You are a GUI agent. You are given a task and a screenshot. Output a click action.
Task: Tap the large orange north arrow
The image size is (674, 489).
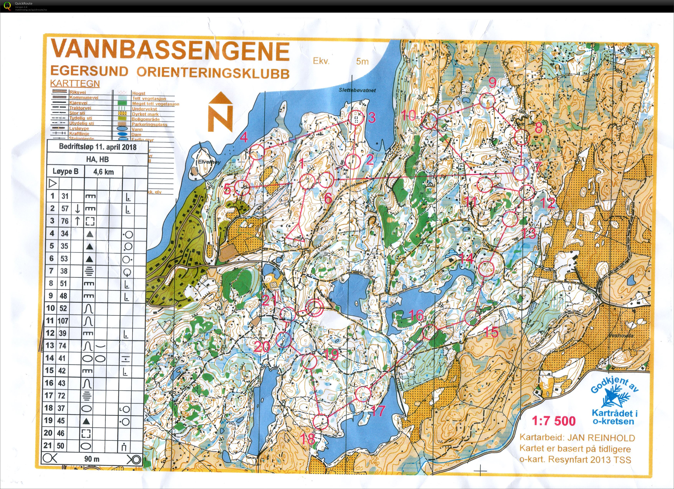point(220,112)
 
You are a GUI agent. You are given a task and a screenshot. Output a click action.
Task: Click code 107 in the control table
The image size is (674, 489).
point(63,321)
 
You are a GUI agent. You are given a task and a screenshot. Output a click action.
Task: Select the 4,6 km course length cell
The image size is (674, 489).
point(103,172)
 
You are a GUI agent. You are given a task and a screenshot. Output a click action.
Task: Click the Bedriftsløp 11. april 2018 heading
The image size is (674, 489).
point(98,147)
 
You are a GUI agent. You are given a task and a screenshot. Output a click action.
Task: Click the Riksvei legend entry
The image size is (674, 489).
point(78,92)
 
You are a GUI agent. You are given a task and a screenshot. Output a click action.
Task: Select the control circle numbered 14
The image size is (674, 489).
point(486,268)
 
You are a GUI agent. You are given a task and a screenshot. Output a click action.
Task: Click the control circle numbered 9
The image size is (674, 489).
point(488,100)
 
